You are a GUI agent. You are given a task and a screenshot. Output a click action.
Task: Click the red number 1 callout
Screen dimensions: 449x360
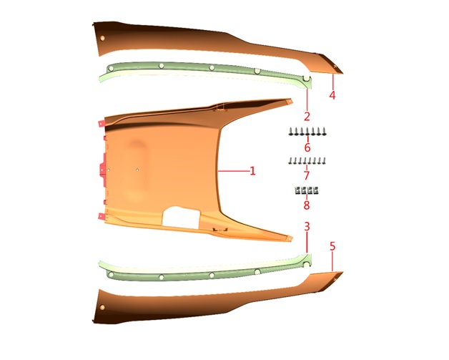click(x=252, y=171)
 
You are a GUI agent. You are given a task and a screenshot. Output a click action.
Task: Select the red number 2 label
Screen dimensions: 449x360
click(x=307, y=117)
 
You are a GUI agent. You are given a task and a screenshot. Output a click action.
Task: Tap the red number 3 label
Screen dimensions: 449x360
click(x=307, y=227)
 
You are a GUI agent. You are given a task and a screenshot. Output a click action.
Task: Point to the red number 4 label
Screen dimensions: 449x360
click(x=332, y=95)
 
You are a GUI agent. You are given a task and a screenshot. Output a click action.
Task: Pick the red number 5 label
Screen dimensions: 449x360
click(x=332, y=246)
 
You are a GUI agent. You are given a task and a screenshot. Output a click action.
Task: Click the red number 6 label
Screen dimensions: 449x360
click(x=307, y=147)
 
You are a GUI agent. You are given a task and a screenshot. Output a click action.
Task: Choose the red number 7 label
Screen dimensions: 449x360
click(x=307, y=175)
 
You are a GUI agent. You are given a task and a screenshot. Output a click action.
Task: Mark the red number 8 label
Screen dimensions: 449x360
click(x=307, y=205)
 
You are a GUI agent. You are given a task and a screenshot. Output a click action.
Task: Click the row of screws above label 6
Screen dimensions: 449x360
click(x=307, y=132)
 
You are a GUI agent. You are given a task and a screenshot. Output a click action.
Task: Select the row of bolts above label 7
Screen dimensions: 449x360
click(x=307, y=161)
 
